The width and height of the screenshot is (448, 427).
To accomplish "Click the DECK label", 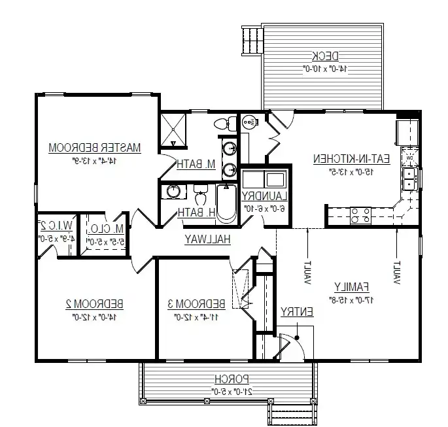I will click(x=324, y=56).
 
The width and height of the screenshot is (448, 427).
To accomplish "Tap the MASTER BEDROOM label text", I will click(x=95, y=148).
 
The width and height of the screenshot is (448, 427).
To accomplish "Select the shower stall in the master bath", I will click(x=175, y=131).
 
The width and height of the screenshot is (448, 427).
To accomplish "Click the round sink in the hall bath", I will click(x=173, y=192).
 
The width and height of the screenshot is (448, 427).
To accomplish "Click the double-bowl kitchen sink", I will click(x=411, y=179).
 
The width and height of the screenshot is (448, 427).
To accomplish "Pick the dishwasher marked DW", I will click(x=409, y=158).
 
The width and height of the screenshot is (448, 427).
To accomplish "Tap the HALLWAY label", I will click(x=207, y=239).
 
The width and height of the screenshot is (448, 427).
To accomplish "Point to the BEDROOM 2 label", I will click(x=95, y=304).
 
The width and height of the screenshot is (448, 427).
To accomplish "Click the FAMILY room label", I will click(x=352, y=286).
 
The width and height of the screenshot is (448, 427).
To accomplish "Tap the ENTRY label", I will click(x=297, y=313).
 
